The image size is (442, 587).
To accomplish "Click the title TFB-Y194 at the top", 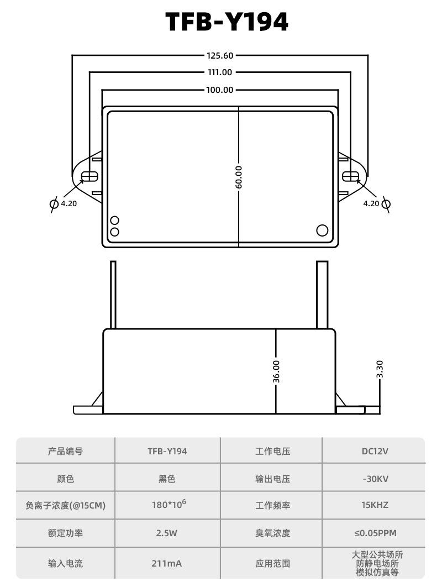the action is (227, 22).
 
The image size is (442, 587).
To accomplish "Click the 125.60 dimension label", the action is (220, 55).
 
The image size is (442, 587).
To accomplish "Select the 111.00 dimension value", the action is (220, 72).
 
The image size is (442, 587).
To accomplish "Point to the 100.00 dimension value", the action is (220, 90).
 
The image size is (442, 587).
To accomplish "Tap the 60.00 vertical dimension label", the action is (239, 177).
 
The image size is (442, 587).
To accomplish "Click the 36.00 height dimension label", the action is (276, 372).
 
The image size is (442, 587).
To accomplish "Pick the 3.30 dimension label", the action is (380, 369).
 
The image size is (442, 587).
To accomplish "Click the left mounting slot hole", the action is (90, 176).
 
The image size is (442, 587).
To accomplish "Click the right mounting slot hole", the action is (351, 176).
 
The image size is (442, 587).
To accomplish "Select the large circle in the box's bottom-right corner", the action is (322, 230).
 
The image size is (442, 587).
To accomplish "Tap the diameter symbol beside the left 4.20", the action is (54, 204).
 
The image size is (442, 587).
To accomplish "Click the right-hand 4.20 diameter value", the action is (371, 203).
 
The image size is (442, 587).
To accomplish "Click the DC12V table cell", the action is (375, 451).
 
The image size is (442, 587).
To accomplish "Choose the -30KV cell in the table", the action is (375, 479).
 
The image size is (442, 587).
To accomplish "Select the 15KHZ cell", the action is (375, 505).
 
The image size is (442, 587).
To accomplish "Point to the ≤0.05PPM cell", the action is (375, 533).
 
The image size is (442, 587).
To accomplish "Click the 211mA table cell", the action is (166, 563).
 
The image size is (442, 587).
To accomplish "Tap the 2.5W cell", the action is (166, 533).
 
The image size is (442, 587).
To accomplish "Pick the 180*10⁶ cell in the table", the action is (169, 504).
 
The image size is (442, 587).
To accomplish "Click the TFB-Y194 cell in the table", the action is (167, 451).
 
